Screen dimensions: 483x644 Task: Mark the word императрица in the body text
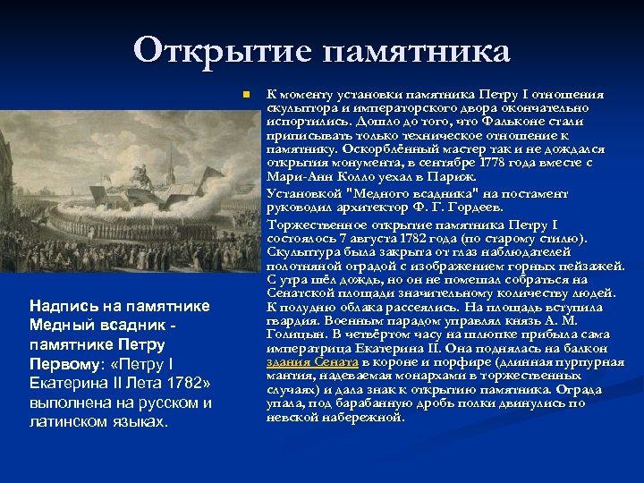(305, 347)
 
